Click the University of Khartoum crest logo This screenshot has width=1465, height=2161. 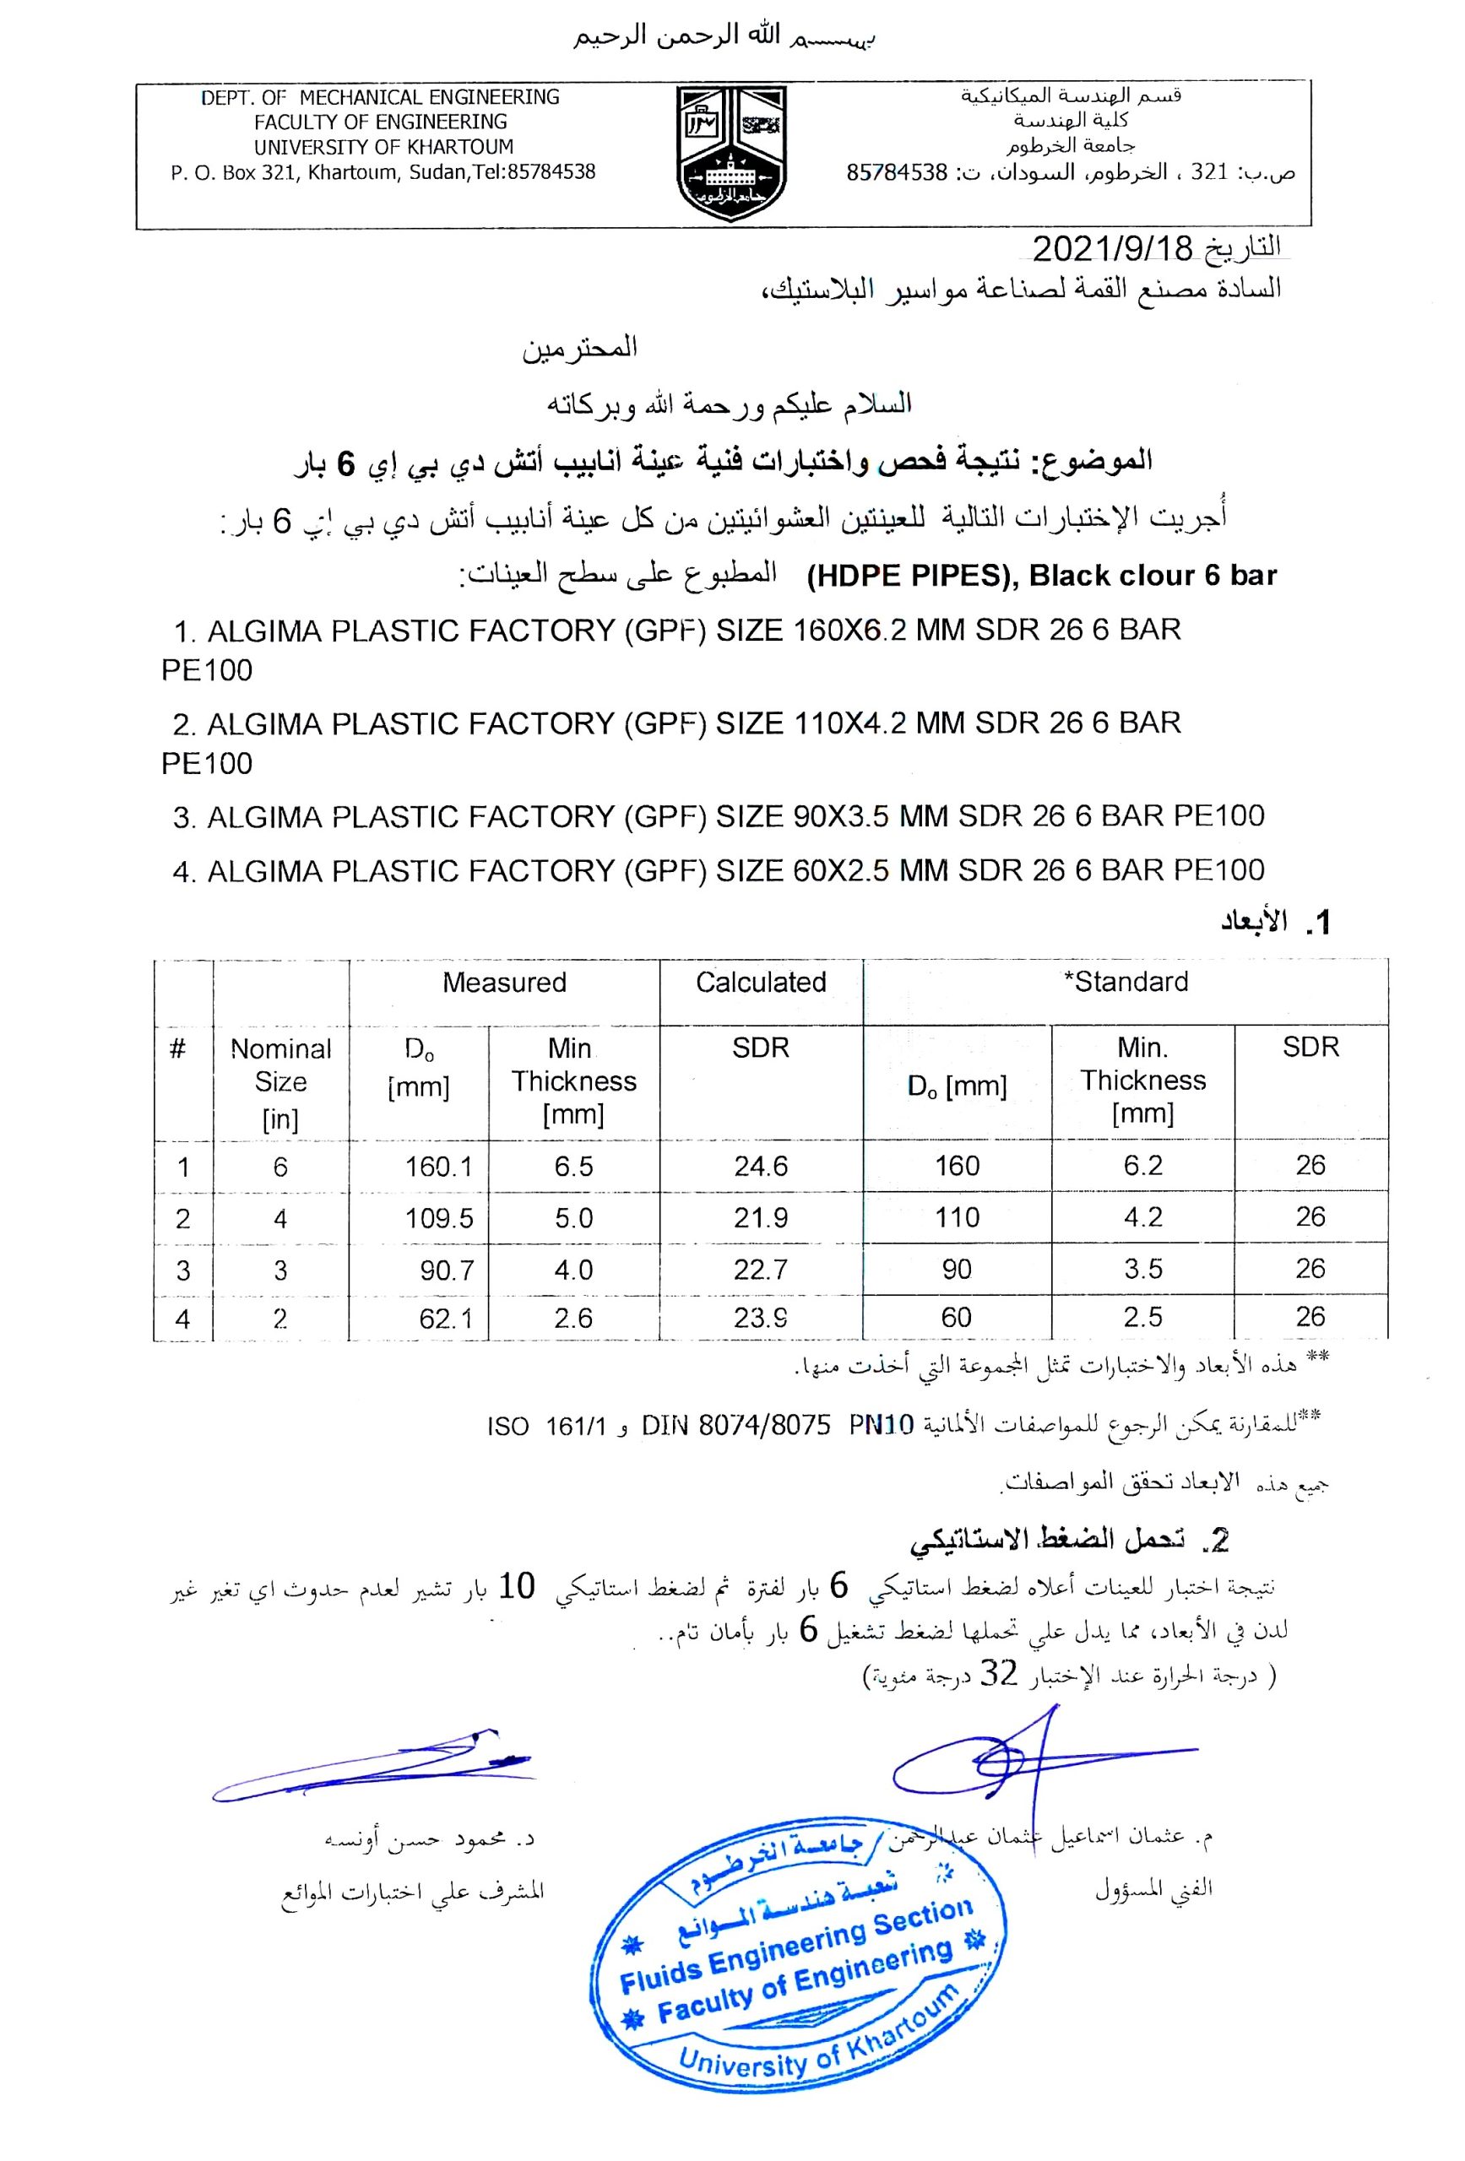point(731,153)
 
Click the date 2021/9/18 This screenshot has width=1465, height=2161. point(1111,249)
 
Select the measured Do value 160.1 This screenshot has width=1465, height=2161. point(438,1166)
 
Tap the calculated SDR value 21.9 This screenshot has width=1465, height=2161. point(760,1217)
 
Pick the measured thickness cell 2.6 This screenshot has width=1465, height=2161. point(573,1318)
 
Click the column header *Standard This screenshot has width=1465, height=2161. point(1126,982)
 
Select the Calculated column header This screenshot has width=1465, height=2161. point(761,982)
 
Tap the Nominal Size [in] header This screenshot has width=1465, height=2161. point(280,1082)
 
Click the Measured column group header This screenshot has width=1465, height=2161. point(504,982)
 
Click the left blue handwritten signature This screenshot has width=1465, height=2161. point(372,1765)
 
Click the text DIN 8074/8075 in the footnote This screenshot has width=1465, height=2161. point(735,1427)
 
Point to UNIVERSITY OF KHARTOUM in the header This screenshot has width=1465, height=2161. point(383,147)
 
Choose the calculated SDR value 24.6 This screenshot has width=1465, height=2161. point(760,1166)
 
